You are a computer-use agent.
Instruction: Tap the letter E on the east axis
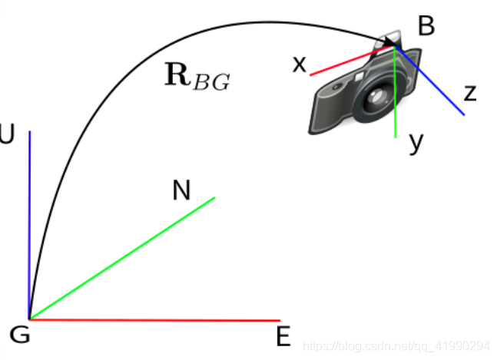[283, 336]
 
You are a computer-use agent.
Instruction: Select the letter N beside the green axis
[181, 190]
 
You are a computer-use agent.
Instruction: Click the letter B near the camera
[426, 26]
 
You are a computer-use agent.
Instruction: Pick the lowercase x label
[299, 64]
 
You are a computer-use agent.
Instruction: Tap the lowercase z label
[470, 94]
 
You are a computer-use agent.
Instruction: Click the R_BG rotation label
[197, 78]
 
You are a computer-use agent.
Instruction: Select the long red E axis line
[154, 319]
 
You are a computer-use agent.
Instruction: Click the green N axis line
[123, 258]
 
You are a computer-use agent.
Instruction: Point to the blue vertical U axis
[29, 223]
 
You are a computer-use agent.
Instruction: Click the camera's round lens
[376, 97]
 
